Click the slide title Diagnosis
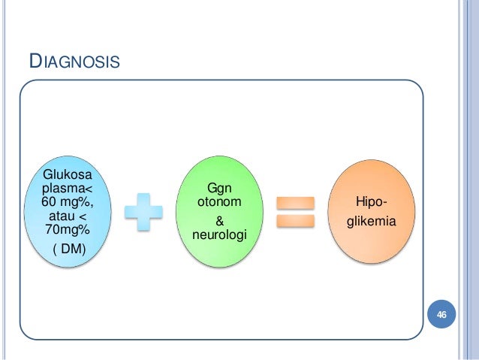tap(74, 60)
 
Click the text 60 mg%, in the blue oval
tap(66, 202)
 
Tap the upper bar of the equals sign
tap(294, 202)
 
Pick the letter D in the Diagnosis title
tap(34, 59)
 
